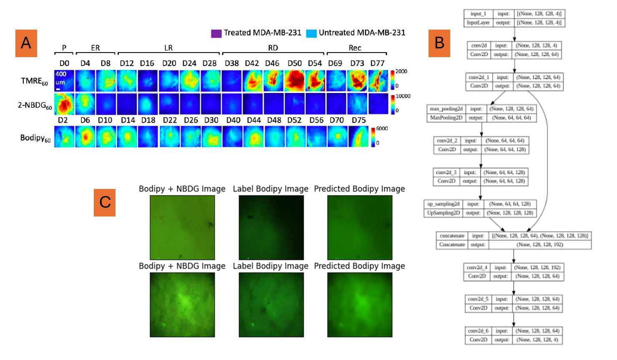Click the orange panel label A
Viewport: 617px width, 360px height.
(26, 43)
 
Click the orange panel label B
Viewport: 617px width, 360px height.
(439, 43)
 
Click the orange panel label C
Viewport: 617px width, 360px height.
(104, 202)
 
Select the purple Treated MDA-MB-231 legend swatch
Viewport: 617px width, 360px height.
(216, 33)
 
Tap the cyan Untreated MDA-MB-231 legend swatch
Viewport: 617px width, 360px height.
(311, 33)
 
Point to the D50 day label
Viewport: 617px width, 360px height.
(294, 63)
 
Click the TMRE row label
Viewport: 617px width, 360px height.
(34, 81)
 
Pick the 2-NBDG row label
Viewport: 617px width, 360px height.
(35, 106)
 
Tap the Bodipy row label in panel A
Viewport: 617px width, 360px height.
(35, 138)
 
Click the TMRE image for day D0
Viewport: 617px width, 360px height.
(64, 81)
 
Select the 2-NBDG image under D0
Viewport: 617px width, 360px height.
(64, 104)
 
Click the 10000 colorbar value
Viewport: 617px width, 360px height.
(403, 96)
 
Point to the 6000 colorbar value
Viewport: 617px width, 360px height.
(382, 128)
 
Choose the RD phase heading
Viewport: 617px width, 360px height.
(273, 48)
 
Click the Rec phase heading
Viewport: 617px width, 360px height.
(355, 48)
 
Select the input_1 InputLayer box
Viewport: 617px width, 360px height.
(514, 18)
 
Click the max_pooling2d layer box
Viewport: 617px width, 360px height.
(482, 113)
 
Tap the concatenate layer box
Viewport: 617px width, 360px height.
(513, 240)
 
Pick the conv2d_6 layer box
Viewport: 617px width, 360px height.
(514, 335)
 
